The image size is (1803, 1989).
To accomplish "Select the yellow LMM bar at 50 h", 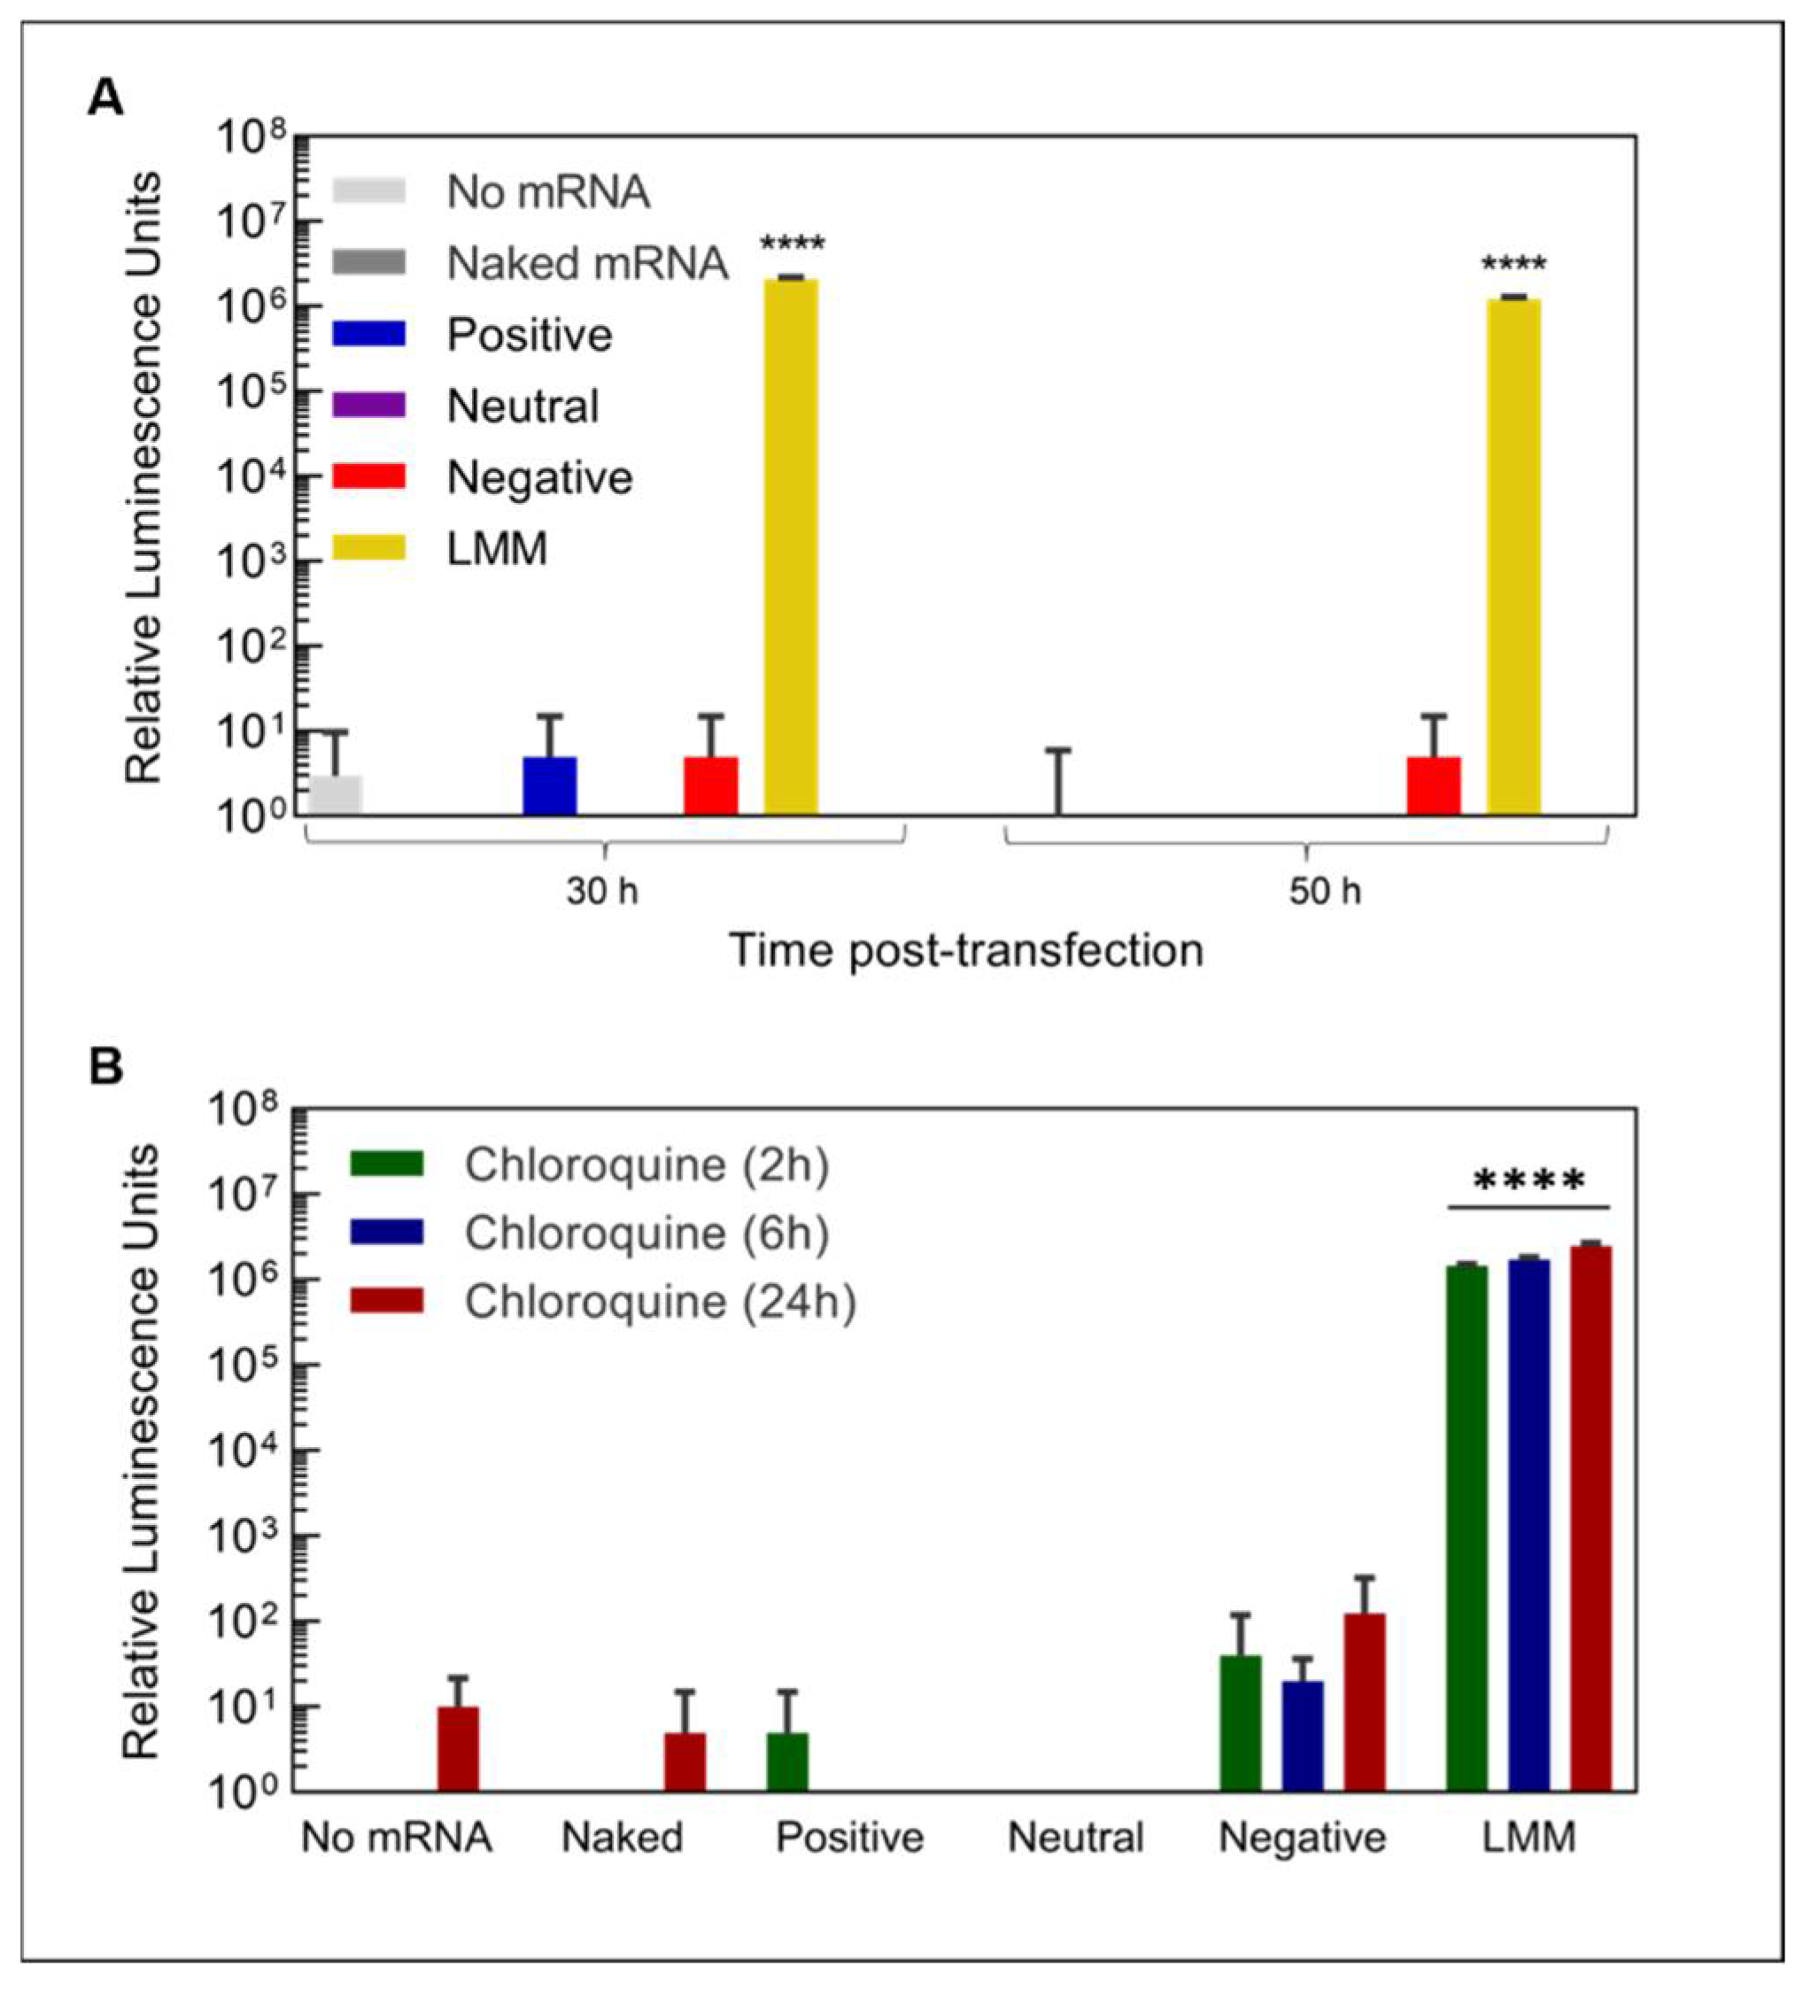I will (x=1513, y=557).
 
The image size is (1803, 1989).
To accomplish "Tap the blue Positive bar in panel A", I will (x=549, y=786).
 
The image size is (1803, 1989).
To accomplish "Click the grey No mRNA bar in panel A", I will (x=336, y=795).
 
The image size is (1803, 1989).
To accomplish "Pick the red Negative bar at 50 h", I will (x=1433, y=786).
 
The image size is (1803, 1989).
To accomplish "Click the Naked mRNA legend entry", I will (x=530, y=263).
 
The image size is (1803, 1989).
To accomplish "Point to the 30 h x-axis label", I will (x=601, y=892).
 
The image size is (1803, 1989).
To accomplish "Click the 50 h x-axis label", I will (x=1324, y=892).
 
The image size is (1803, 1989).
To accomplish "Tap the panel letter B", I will (x=105, y=1067).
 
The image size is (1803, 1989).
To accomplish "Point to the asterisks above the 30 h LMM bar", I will (x=791, y=244).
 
